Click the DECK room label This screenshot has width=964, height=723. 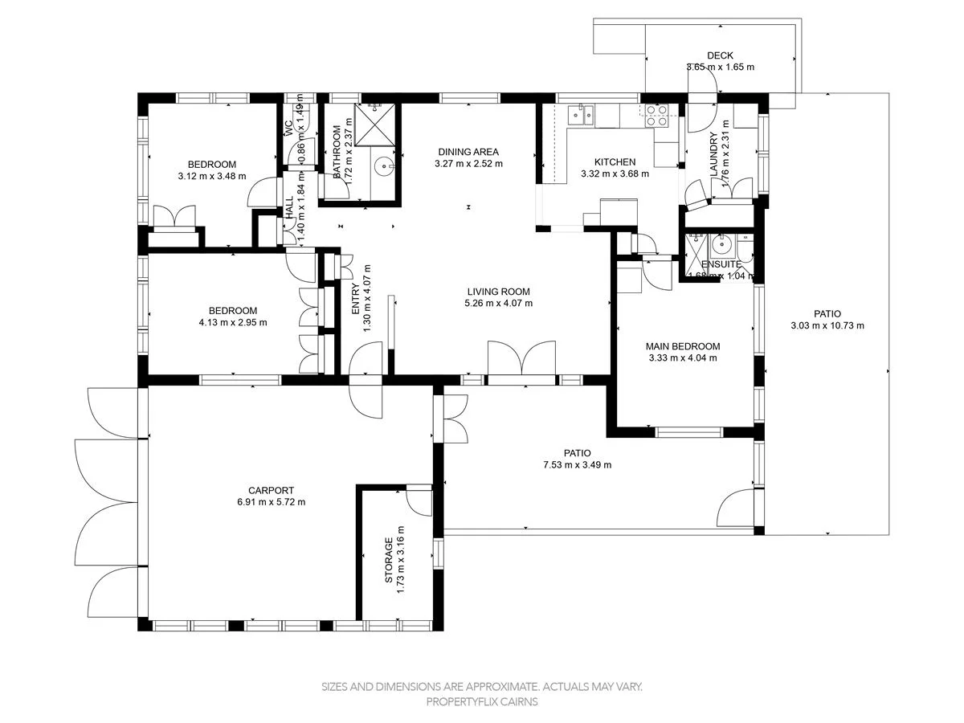(720, 55)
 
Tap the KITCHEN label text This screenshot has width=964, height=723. (615, 161)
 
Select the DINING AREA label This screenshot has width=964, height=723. (468, 152)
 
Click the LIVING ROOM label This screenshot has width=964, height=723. (498, 292)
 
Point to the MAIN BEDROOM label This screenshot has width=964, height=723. (682, 346)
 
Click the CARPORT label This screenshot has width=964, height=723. (271, 490)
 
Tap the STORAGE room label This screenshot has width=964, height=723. (389, 561)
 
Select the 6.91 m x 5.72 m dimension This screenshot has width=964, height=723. (271, 502)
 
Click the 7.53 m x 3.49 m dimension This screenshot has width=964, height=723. (577, 465)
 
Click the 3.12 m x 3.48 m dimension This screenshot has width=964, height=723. (212, 176)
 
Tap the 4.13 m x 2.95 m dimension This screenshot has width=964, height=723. (232, 322)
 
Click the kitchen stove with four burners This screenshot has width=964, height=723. (657, 117)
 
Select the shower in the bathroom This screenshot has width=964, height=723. (374, 125)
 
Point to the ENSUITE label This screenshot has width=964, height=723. (721, 264)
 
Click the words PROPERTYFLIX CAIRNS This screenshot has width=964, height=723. (482, 701)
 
